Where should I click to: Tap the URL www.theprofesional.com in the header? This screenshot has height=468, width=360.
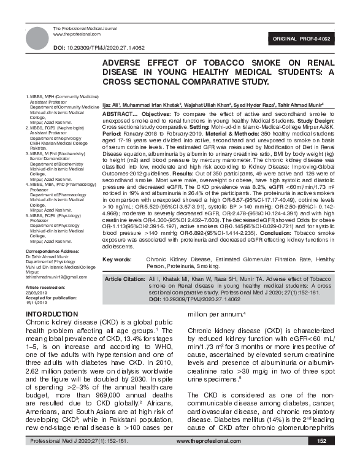coord(74,35)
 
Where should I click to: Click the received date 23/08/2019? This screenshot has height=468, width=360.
coord(36,293)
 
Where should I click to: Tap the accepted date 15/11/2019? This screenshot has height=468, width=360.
coord(36,302)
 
